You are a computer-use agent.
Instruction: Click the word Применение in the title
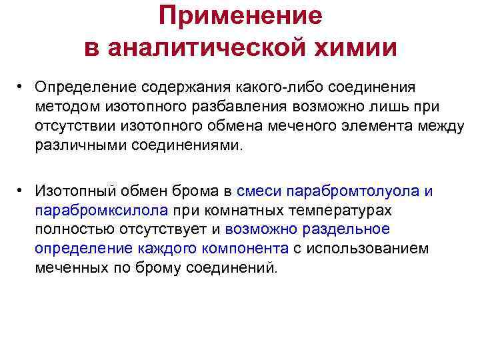tap(240, 16)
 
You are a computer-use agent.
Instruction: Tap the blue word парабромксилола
tap(103, 211)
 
